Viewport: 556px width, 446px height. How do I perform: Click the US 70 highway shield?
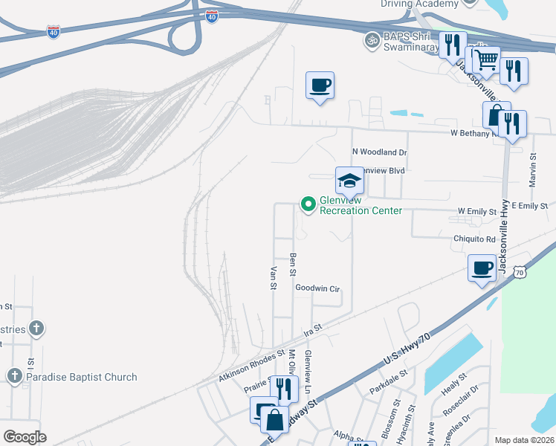point(520,273)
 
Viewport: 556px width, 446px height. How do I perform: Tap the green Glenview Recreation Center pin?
point(308,203)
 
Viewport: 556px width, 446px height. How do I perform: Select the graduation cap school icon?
point(349,180)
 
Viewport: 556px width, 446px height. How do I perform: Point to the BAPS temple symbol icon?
point(371,39)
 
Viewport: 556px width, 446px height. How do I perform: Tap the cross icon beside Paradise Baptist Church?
point(15,376)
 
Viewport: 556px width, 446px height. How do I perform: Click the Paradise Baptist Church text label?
point(82,377)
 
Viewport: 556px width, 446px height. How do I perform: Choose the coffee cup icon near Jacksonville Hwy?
point(482,267)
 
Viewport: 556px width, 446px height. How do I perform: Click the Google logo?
point(25,436)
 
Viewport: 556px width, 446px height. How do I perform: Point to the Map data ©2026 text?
point(523,440)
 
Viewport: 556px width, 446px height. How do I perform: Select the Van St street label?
point(274,277)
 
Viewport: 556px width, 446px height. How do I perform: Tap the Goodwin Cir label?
point(317,288)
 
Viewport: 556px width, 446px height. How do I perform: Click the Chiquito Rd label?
point(474,239)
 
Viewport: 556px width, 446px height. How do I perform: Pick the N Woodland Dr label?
point(380,152)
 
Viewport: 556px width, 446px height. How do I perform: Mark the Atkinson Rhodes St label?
point(252,367)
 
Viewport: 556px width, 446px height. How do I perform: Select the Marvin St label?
point(532,174)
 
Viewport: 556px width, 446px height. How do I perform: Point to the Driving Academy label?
point(420,4)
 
